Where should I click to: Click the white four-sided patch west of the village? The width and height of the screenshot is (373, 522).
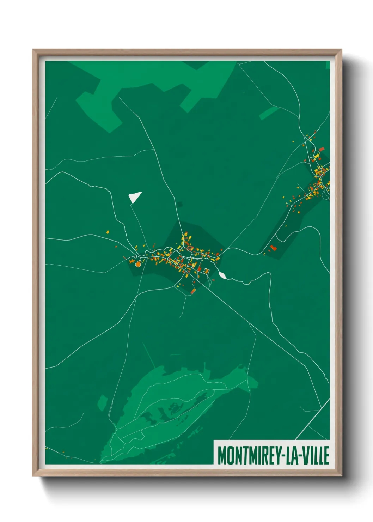134,196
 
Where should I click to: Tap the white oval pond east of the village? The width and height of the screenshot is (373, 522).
222,275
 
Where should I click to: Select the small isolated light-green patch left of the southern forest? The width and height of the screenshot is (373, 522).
102,402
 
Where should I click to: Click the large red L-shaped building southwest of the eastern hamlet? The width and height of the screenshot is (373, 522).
273,248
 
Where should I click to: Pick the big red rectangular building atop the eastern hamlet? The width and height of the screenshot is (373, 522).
322,149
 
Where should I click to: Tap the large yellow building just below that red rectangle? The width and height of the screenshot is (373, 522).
317,156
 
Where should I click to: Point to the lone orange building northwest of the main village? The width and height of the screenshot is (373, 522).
108,232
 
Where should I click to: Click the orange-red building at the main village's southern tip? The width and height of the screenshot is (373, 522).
193,291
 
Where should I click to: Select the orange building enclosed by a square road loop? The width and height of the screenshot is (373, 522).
207,271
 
